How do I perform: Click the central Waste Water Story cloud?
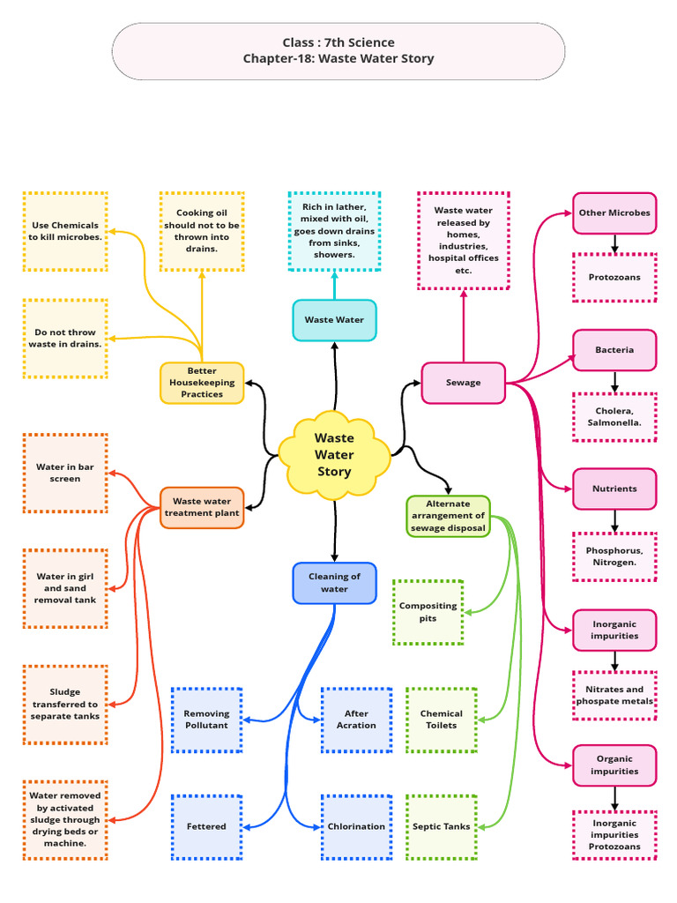coord(334,454)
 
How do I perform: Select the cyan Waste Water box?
coord(334,320)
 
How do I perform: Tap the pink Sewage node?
coord(463,383)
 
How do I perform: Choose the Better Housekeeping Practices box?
coord(202,383)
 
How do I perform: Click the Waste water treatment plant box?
coord(202,507)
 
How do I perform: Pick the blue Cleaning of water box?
coord(334,583)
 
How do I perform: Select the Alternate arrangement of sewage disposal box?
coord(448,516)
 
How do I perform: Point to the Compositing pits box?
coord(428,612)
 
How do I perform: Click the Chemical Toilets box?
coord(441,720)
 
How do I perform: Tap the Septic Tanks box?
coord(441,826)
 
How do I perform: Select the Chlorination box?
coord(356,826)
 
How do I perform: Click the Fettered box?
coord(206,826)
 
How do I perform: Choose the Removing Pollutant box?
coord(206,720)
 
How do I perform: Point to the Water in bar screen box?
coord(65,473)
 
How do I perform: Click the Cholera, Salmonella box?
coord(614,416)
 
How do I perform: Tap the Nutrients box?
coord(614,489)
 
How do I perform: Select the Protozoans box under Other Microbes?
coord(614,277)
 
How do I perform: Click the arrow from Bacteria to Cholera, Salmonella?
coord(614,382)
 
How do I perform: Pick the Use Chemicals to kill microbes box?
coord(65,231)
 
